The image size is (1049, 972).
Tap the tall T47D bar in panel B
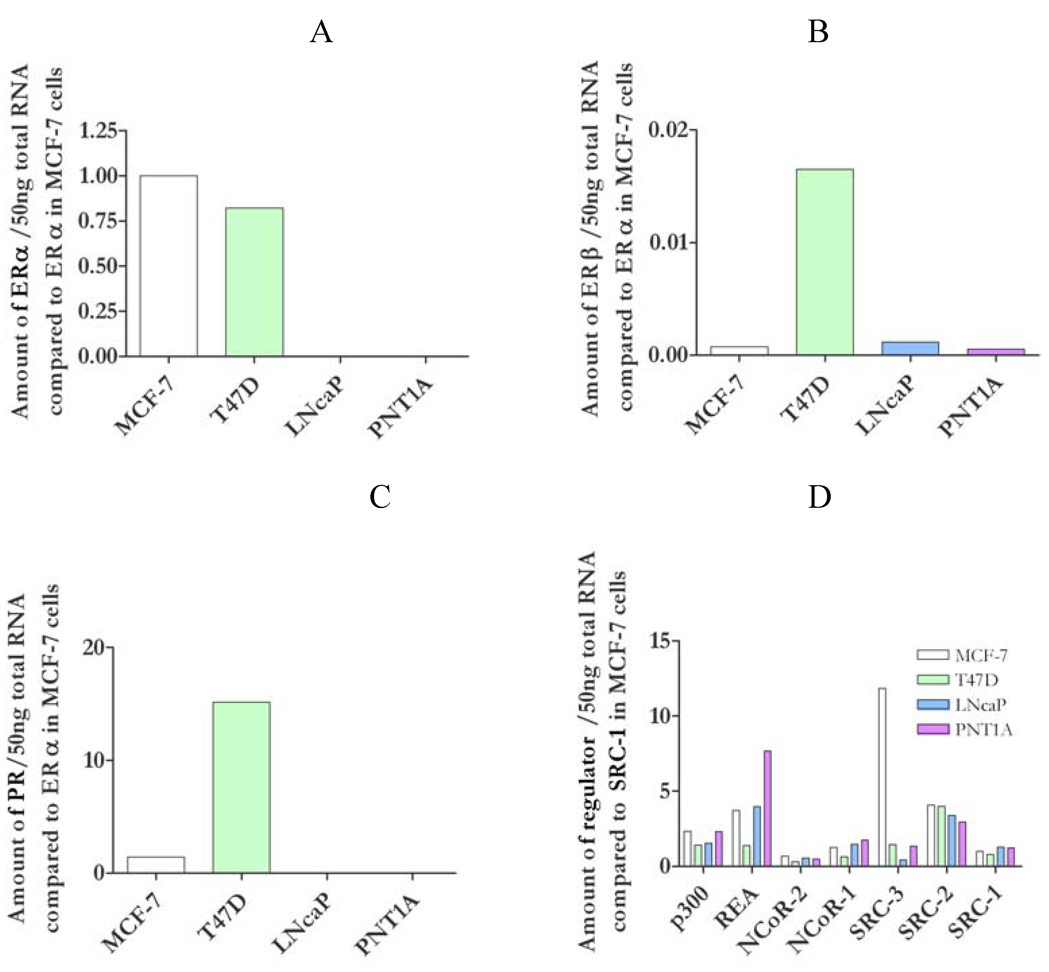coord(824,262)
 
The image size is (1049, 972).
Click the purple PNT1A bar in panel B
coord(996,352)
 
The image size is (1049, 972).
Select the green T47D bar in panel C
coord(242,787)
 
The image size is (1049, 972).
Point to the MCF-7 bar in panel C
coord(155,865)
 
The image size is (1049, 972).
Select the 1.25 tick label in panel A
coord(98,131)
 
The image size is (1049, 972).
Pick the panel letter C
coord(380,497)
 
